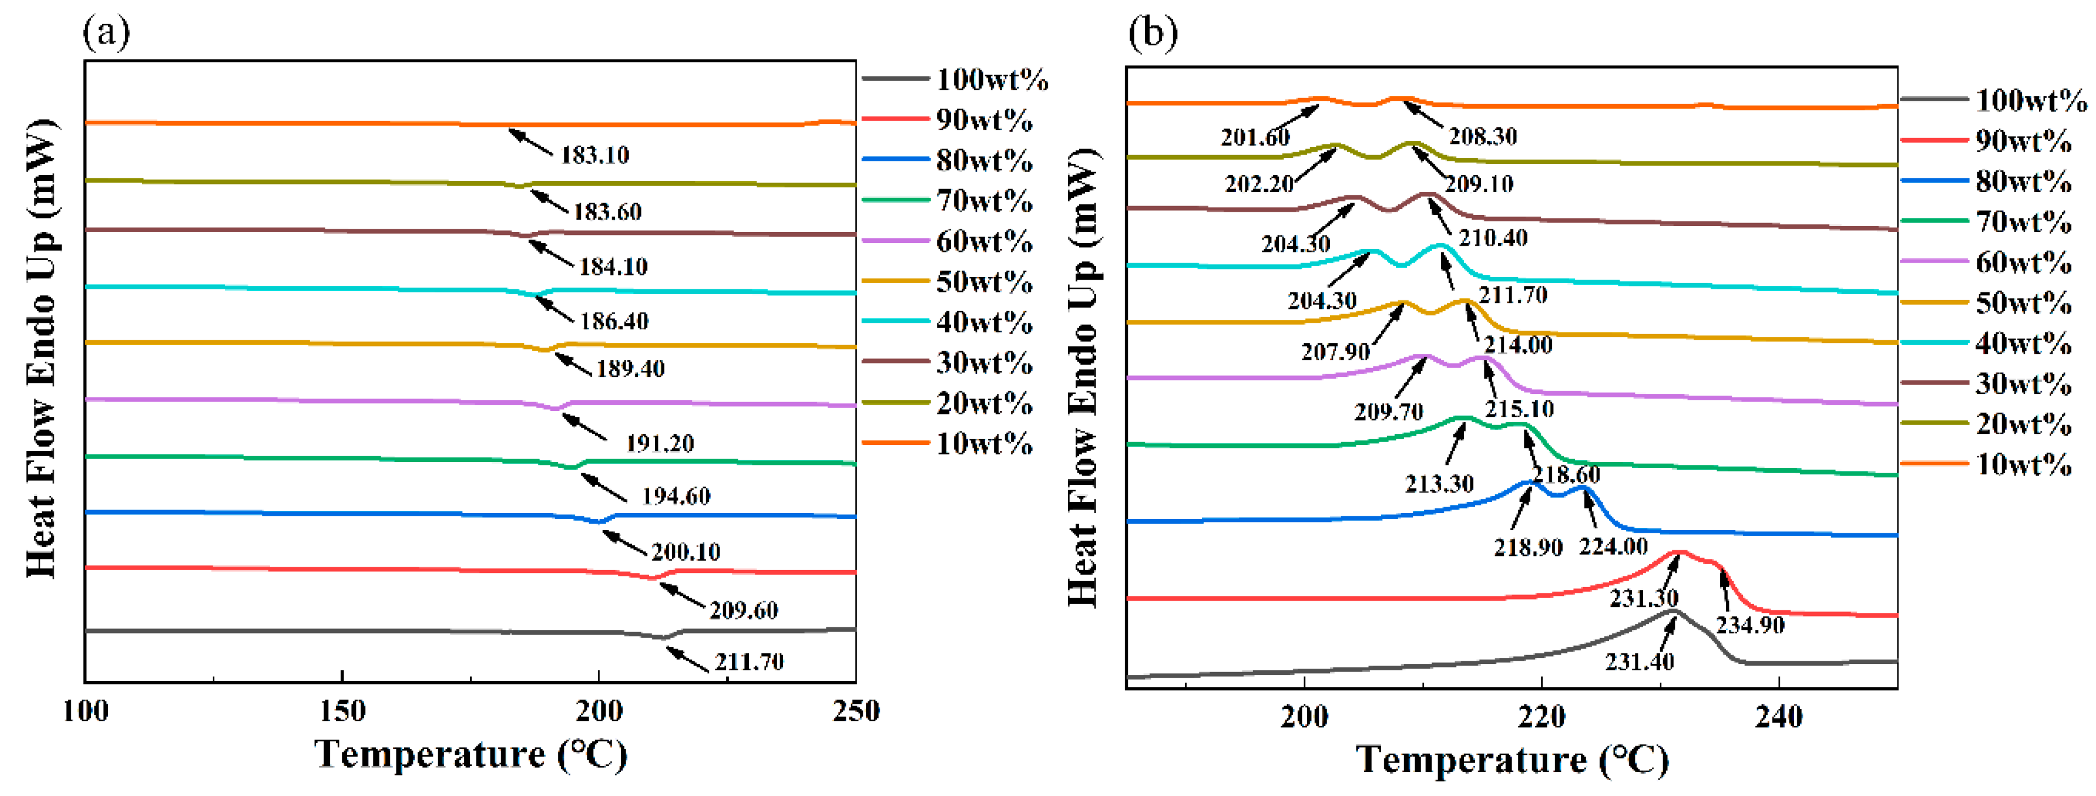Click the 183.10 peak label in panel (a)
pos(595,155)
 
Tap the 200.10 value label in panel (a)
pos(686,552)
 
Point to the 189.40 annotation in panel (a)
pos(631,369)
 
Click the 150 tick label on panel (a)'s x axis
pos(342,711)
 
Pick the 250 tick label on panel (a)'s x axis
pos(856,711)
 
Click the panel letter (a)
pos(106,33)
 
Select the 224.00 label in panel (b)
pos(1613,546)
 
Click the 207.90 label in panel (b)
pos(1335,352)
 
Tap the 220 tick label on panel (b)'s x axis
pos(1541,717)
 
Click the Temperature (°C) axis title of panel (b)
pos(1512,759)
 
